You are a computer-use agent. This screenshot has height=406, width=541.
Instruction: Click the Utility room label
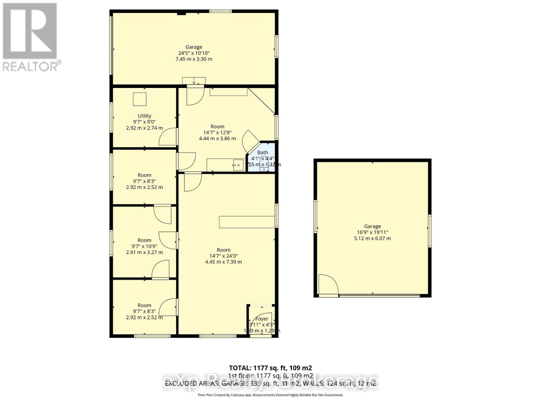tap(144, 116)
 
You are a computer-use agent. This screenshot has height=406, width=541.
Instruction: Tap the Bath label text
tap(263, 153)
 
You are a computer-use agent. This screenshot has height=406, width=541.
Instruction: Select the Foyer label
tap(262, 319)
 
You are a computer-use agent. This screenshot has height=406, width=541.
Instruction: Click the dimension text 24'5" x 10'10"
tap(194, 53)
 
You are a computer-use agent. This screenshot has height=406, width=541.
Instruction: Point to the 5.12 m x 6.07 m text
tap(372, 238)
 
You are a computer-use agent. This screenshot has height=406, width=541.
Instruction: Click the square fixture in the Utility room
tap(139, 99)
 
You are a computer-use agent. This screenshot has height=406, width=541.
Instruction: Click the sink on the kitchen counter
tap(238, 165)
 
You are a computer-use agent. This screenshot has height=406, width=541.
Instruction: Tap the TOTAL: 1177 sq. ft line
tap(270, 368)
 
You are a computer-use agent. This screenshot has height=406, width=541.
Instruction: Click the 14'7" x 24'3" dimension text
tap(224, 256)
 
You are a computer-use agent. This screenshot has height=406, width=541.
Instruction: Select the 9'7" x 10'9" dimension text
tap(144, 246)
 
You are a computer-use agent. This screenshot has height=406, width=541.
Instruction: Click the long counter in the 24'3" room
tap(247, 222)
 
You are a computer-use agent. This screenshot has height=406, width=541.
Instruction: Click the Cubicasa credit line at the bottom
tap(270, 395)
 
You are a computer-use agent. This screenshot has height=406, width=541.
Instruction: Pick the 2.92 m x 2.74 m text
tap(144, 128)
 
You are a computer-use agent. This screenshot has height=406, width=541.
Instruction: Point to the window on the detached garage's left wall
tap(315, 217)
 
